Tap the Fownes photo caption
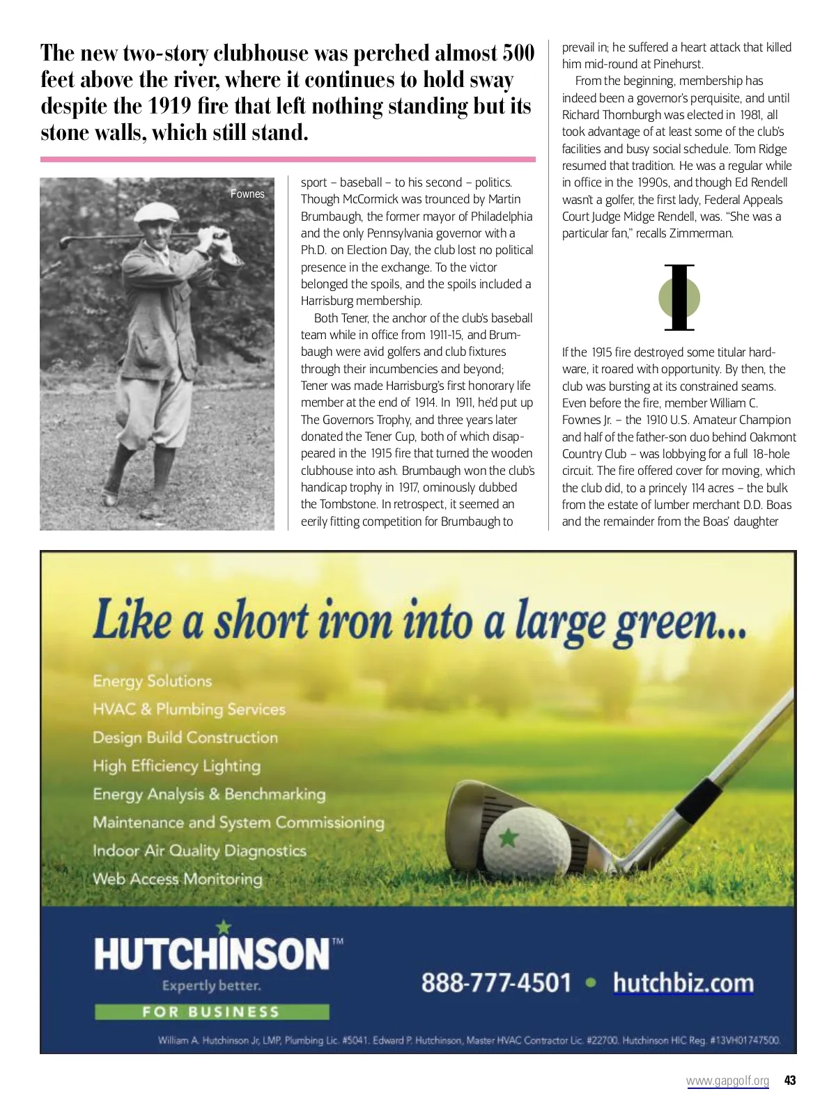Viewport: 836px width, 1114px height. pos(247,194)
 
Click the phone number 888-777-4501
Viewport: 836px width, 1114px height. pos(496,983)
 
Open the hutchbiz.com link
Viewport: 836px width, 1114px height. pos(683,983)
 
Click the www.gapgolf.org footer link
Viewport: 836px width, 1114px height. pos(727,1081)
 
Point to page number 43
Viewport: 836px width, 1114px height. pos(789,1081)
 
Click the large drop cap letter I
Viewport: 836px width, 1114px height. pos(679,297)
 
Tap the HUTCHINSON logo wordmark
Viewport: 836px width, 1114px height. pos(212,954)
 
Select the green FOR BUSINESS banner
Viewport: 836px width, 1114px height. pos(212,1012)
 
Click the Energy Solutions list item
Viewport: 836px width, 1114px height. pos(152,681)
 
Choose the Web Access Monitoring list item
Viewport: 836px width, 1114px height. pos(178,879)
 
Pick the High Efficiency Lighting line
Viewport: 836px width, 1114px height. pos(176,766)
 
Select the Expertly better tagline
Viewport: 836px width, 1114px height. pos(211,986)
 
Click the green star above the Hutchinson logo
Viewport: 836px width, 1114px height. pos(224,927)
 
